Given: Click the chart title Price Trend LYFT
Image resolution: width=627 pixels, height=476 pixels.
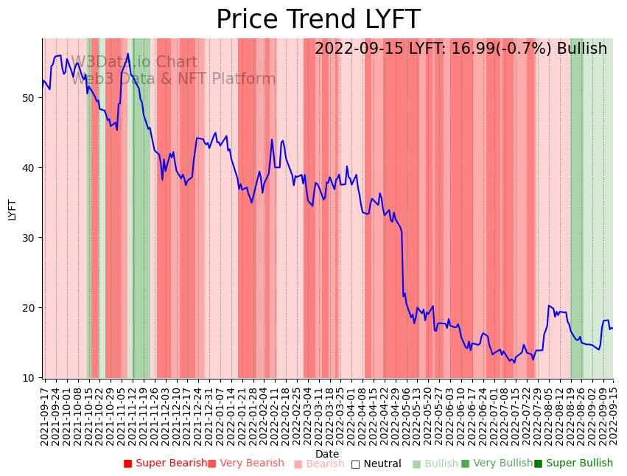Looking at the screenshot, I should click(318, 20).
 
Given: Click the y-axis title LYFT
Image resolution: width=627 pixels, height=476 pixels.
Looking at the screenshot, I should click(12, 209).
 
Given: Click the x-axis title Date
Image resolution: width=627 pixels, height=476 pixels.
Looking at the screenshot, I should click(327, 454).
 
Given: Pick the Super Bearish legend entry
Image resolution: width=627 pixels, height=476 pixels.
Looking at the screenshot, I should click(166, 463).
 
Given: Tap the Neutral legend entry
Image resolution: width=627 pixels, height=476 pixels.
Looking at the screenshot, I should click(376, 463).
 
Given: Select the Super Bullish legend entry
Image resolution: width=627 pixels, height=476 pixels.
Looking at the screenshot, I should click(574, 463).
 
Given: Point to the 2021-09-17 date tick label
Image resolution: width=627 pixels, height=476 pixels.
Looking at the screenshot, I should click(45, 416).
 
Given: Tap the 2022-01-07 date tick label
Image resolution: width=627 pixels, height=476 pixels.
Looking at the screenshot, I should click(220, 416).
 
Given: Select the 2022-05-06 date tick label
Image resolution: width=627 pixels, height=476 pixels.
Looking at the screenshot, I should click(404, 416).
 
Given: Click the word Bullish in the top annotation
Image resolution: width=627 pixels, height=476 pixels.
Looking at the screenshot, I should click(582, 49).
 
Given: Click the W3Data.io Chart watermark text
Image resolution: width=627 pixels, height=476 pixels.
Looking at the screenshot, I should click(134, 62).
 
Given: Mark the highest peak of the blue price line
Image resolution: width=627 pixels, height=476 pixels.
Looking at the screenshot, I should click(127, 53).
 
